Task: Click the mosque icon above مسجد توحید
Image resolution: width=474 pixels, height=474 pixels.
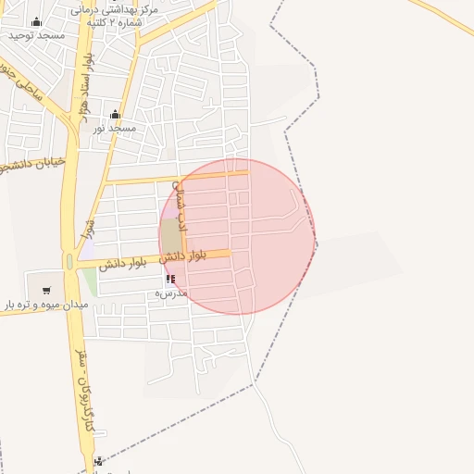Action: (36, 22)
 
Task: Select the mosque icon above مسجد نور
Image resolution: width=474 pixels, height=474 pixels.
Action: (115, 115)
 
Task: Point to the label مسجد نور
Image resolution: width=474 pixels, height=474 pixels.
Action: (114, 127)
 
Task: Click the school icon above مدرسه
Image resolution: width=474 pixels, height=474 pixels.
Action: (170, 279)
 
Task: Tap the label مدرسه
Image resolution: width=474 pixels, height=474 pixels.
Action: (170, 293)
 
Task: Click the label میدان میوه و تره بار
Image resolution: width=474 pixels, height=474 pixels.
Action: (44, 304)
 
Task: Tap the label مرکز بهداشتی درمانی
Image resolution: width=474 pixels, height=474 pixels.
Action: (119, 8)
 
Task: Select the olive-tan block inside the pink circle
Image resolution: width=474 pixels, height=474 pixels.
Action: (171, 235)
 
